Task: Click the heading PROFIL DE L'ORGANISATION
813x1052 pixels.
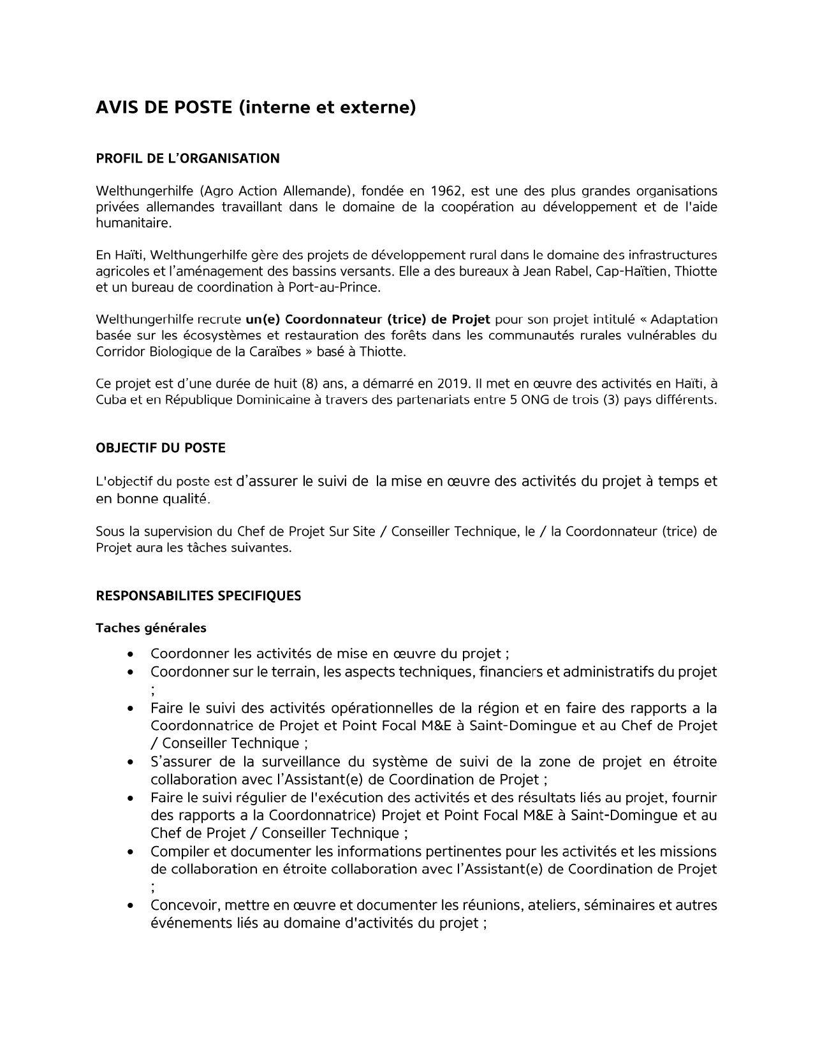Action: (187, 159)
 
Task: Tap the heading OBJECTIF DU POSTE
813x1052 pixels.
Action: (161, 448)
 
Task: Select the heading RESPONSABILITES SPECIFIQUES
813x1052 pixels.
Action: (198, 596)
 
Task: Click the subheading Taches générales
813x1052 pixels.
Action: (151, 628)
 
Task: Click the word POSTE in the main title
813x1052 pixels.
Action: (200, 108)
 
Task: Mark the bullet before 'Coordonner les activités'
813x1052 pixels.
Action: (131, 654)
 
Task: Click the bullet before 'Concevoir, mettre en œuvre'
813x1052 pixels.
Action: (131, 906)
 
